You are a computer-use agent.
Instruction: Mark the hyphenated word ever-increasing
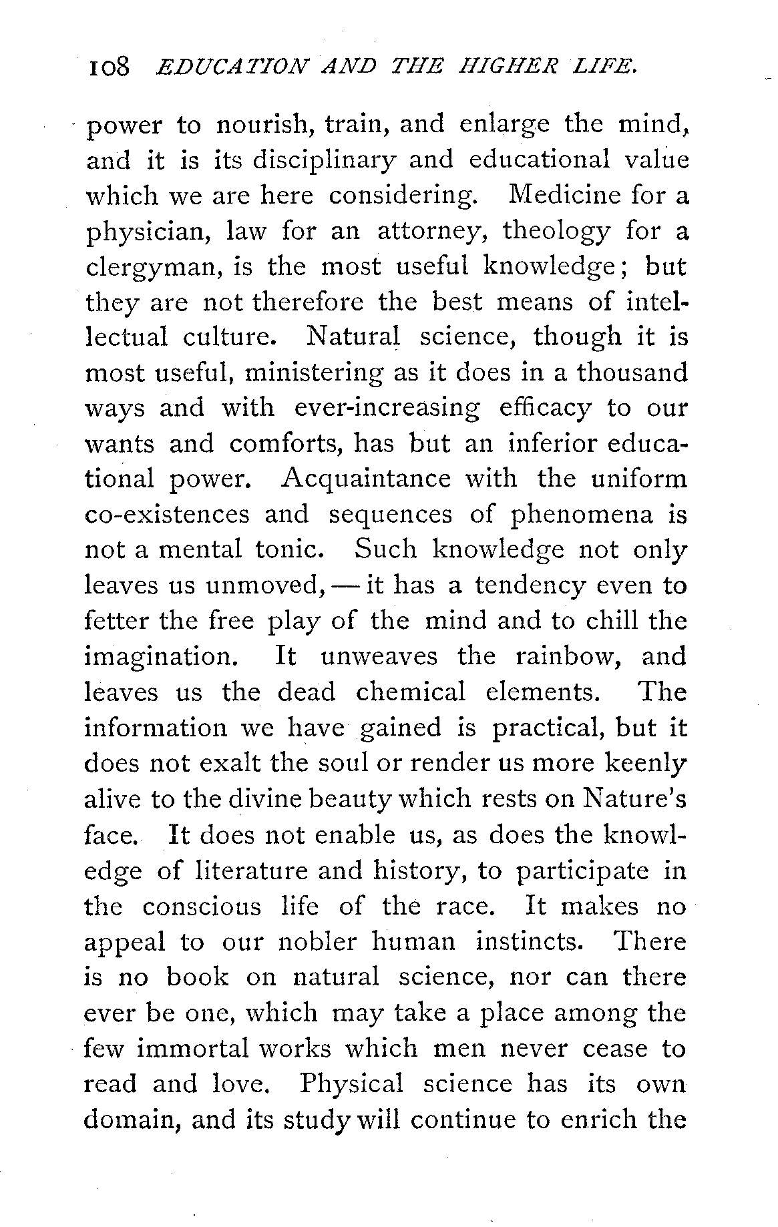click(387, 408)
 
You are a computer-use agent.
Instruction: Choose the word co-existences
click(166, 515)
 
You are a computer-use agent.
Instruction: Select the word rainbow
click(570, 657)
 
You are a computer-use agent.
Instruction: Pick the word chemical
click(410, 692)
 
